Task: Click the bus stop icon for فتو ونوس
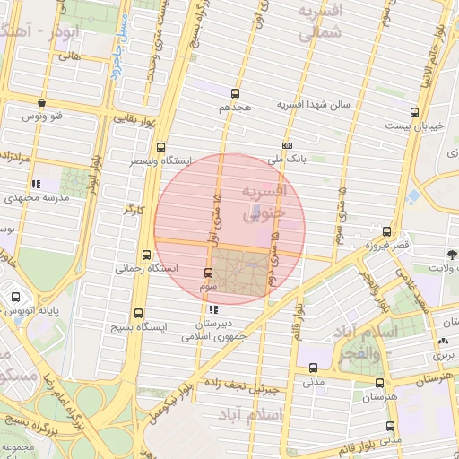pos(42,103)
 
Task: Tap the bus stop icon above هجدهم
pos(236,93)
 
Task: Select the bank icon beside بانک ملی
pos(287,145)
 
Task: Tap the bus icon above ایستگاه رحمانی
pos(146,254)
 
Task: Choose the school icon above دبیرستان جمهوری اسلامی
pos(212,309)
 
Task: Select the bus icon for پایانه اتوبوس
pos(15,297)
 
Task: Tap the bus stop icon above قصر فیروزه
pos(386,230)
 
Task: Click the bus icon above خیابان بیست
pos(413,112)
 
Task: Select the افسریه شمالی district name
pos(319,24)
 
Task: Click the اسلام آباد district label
pos(281,415)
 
